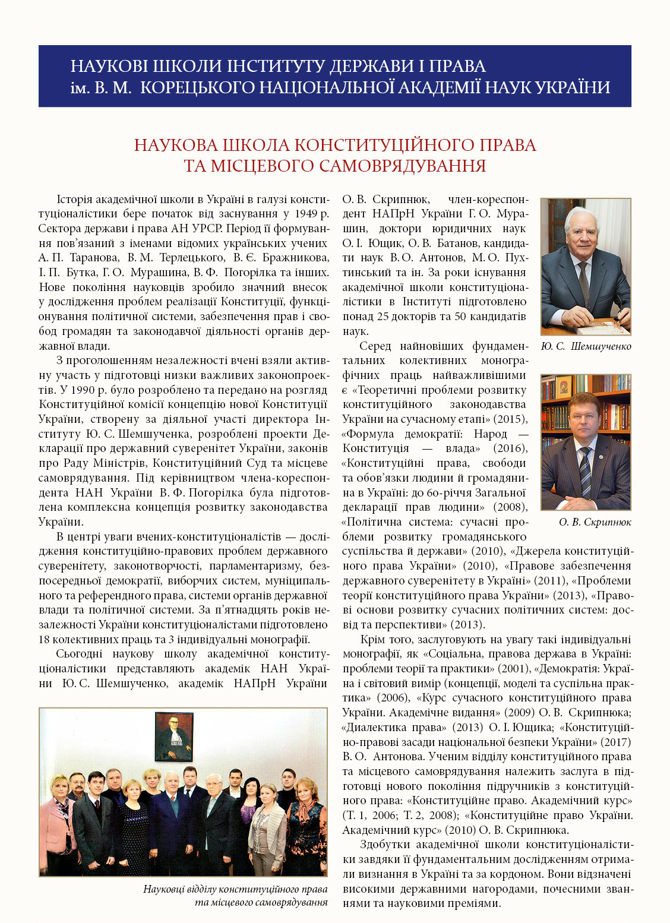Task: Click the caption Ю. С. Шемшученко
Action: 586,346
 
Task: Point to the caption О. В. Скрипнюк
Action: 586,522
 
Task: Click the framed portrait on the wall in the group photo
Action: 173,736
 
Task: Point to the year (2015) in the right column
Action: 510,419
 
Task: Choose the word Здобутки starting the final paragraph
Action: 384,845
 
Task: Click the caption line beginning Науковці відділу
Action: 235,889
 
